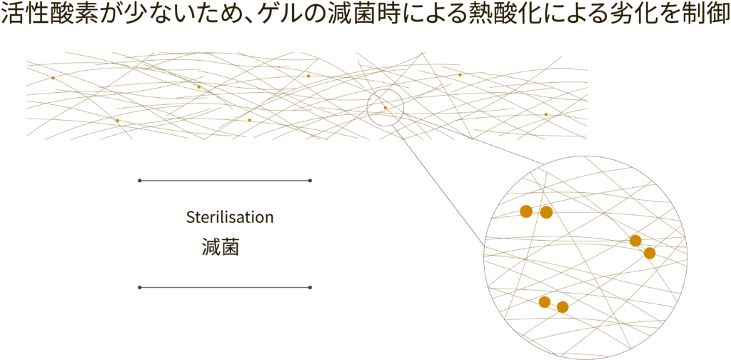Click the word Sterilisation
pos(229,218)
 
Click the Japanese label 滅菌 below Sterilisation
pos(220,248)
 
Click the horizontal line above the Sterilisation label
pos(224,181)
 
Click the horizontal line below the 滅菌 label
pos(224,287)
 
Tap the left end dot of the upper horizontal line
pos(139,181)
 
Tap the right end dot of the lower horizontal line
pos(310,287)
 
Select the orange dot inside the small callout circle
pos(385,108)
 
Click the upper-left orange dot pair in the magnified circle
pos(536,212)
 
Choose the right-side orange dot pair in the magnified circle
pos(642,247)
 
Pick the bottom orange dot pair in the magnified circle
pos(553,304)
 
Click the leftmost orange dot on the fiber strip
pos(54,77)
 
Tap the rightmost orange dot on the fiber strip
pos(546,114)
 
